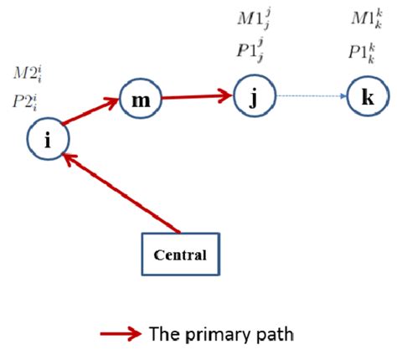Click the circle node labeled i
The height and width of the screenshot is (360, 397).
[x=48, y=141]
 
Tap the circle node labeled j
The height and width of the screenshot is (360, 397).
[x=254, y=96]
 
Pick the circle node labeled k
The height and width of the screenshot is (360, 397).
[x=368, y=98]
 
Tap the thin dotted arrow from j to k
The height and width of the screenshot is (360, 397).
[x=311, y=97]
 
